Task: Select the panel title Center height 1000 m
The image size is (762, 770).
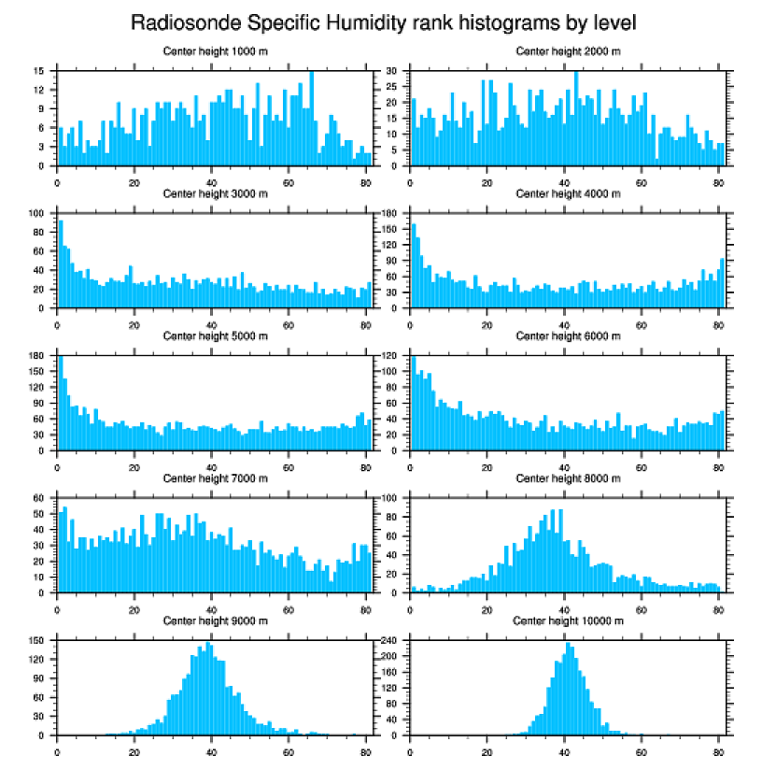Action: [215, 50]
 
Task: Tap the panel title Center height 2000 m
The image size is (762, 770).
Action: [568, 50]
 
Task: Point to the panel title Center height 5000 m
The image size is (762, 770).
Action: [215, 335]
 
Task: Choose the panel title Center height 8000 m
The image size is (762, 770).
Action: [568, 478]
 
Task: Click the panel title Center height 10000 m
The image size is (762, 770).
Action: [568, 620]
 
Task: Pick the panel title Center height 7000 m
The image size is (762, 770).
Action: [215, 478]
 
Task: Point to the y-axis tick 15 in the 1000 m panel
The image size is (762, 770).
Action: [40, 71]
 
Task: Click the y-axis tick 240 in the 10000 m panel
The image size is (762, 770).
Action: [390, 641]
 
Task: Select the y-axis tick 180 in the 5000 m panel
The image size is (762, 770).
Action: [38, 356]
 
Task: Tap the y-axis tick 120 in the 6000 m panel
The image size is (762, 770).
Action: [390, 356]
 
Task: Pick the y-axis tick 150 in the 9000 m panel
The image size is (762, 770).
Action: [38, 641]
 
